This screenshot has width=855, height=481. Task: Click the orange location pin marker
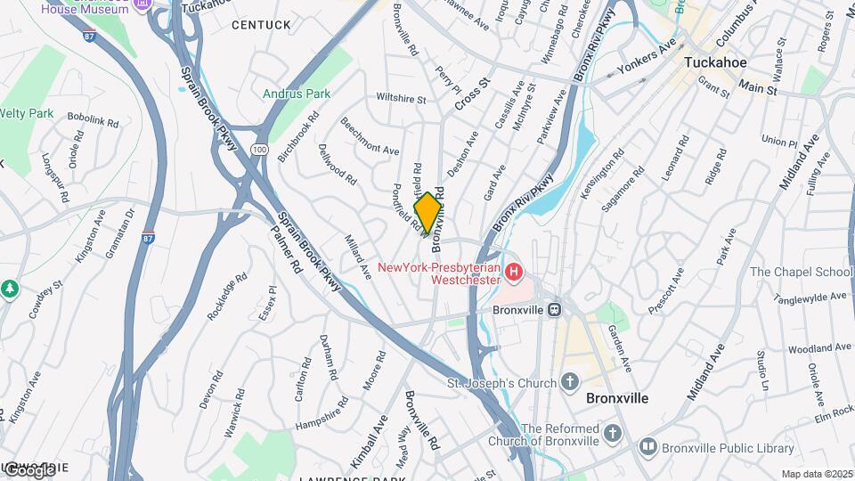[x=427, y=212]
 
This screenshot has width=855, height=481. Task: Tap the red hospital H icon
[x=513, y=271]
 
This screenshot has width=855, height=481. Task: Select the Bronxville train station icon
[x=553, y=310]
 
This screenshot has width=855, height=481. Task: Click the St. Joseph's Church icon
[x=571, y=383]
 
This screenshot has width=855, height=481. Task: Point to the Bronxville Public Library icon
[x=647, y=445]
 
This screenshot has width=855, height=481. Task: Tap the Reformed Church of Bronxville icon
[x=612, y=433]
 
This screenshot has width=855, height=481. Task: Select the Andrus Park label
[x=297, y=94]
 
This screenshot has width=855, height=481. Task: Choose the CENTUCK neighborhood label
[x=261, y=25]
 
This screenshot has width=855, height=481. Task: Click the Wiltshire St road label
[x=402, y=98]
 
